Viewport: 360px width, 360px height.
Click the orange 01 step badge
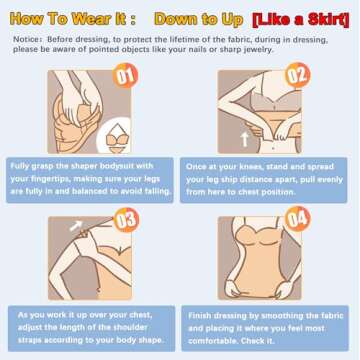coord(125,75)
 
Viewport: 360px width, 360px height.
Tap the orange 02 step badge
coord(298,75)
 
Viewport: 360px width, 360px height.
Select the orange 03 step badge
coord(126,220)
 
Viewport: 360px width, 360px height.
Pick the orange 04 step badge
coord(298,219)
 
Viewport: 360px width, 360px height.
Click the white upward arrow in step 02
coord(245,139)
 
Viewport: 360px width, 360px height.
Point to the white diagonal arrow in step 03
coord(76,226)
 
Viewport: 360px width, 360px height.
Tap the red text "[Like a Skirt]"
coord(301,21)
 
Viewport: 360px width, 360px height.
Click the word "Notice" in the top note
coord(24,39)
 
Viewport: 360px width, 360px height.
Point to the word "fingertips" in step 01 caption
coord(51,179)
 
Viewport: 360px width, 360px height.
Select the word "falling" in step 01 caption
coord(157,191)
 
